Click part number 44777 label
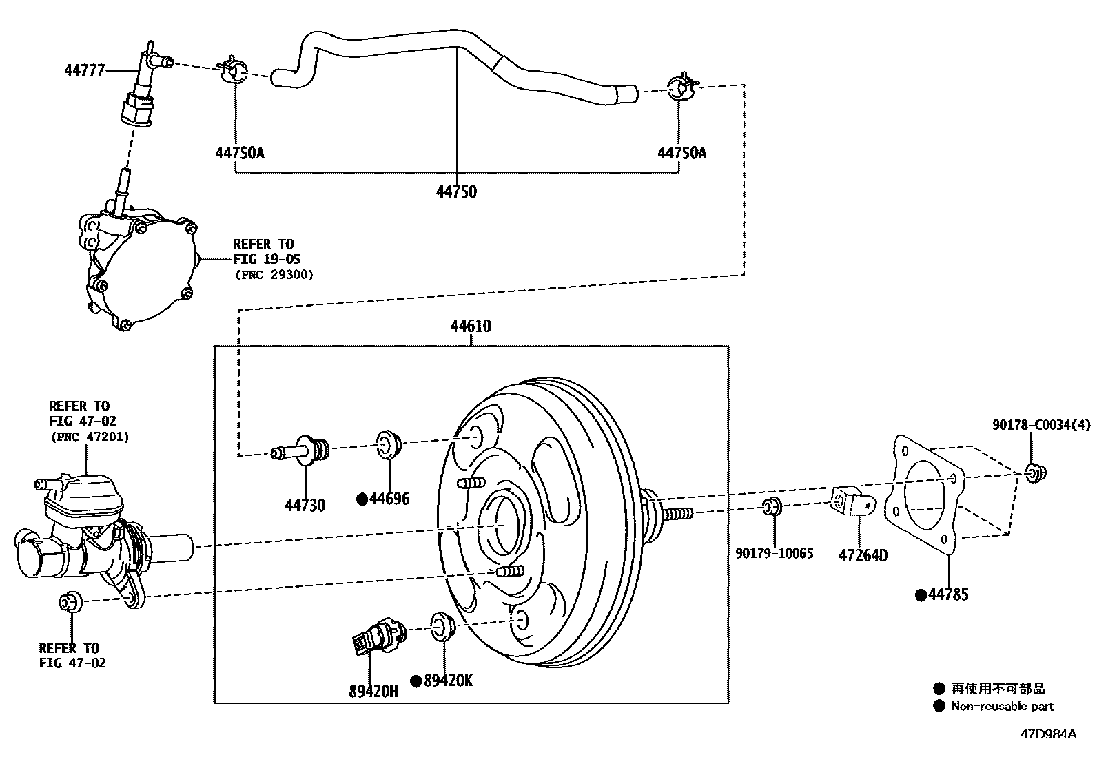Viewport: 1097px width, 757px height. tap(84, 70)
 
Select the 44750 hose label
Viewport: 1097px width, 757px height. tap(456, 191)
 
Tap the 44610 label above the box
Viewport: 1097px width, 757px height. tap(471, 326)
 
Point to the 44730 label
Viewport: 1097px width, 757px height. tap(305, 505)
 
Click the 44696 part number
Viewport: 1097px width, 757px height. tap(389, 498)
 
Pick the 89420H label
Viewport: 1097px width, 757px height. tap(373, 691)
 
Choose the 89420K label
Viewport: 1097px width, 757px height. tap(448, 681)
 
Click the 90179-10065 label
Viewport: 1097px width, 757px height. tap(774, 552)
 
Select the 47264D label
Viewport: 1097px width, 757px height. tap(863, 554)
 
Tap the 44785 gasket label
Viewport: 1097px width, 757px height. tap(948, 594)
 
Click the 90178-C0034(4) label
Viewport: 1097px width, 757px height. tap(1041, 426)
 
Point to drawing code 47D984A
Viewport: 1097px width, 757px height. tap(1048, 734)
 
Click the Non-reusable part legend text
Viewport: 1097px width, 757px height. tap(1002, 706)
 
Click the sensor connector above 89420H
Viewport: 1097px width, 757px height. tap(378, 634)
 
